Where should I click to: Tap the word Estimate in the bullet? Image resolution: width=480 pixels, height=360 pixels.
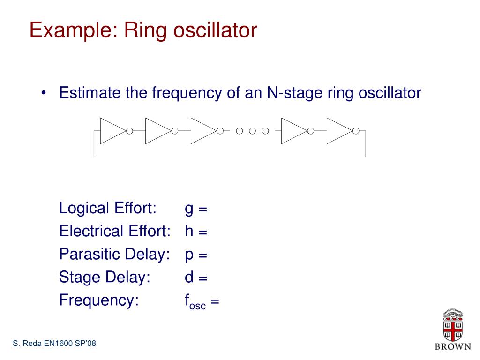(90, 93)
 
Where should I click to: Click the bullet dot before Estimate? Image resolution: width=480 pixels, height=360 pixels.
(43, 93)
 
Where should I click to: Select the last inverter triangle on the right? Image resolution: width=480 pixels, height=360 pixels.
(338, 130)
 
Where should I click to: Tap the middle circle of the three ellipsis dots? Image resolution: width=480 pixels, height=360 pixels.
(252, 130)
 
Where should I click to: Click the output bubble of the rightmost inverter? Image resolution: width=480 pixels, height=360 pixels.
(356, 130)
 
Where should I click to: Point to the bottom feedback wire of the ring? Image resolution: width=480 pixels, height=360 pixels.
(230, 156)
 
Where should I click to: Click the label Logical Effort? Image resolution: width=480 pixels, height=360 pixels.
(108, 208)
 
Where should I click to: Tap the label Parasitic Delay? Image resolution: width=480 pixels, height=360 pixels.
(114, 255)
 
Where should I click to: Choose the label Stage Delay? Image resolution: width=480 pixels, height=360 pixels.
(105, 277)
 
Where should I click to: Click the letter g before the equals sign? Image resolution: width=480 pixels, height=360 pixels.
(189, 210)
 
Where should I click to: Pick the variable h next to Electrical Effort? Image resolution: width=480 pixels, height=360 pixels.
(189, 231)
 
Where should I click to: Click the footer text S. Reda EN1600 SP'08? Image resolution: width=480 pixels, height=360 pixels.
(54, 344)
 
